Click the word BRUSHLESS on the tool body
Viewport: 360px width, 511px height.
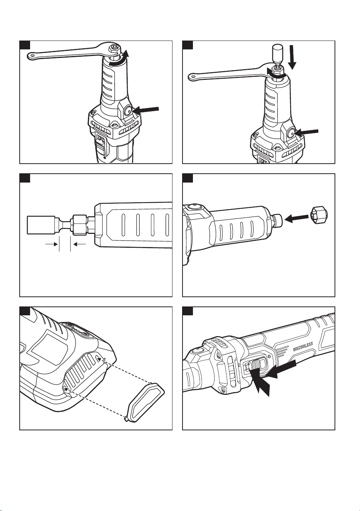(x=303, y=346)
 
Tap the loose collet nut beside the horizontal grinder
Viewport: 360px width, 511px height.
(x=319, y=215)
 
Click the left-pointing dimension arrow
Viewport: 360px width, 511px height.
(x=79, y=244)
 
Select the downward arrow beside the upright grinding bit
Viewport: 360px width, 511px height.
(x=292, y=57)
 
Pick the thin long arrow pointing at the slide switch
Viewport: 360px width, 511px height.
(x=281, y=370)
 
